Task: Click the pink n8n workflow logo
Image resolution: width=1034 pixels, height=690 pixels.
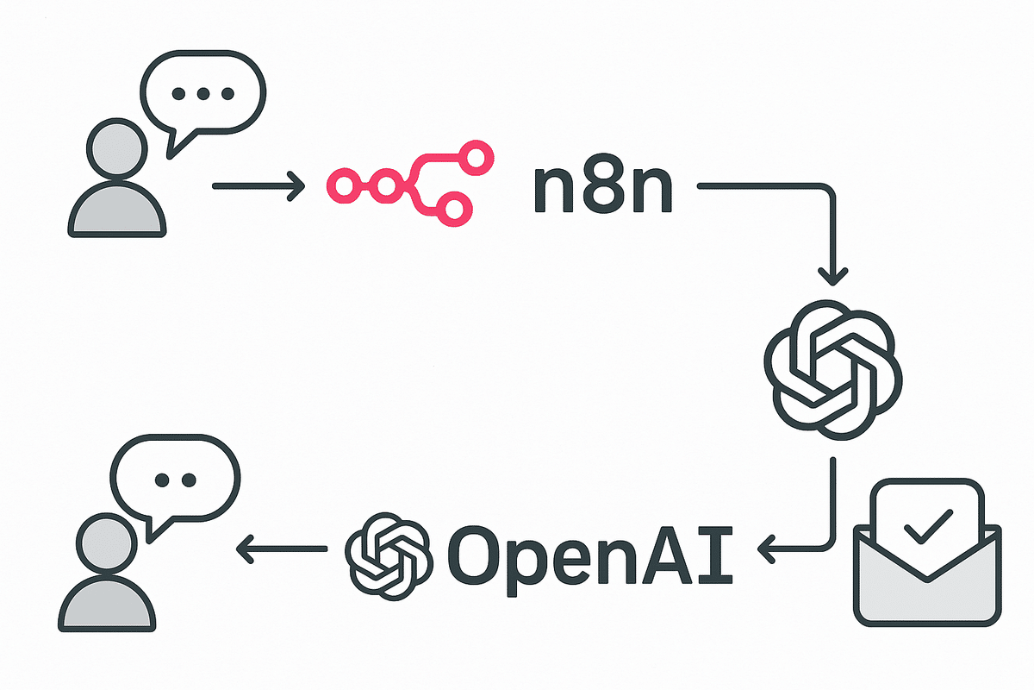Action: click(x=410, y=183)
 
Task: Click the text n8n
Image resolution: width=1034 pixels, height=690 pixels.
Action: click(x=603, y=190)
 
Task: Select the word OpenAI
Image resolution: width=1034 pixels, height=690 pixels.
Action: click(x=590, y=561)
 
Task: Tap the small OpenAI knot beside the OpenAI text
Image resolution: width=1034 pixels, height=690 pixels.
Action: click(x=389, y=556)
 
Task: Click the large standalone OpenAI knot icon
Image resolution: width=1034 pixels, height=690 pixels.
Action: click(x=833, y=370)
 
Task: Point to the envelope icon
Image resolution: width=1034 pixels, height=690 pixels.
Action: click(x=927, y=553)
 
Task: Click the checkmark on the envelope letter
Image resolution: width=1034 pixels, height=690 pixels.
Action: click(x=928, y=526)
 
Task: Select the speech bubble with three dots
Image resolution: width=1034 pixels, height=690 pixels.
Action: click(x=203, y=104)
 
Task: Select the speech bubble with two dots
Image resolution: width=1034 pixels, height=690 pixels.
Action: click(x=175, y=488)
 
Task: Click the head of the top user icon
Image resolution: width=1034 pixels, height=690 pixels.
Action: click(x=117, y=149)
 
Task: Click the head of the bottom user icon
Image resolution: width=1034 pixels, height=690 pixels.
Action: click(x=107, y=543)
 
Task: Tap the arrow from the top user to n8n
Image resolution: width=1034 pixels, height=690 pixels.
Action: click(x=258, y=186)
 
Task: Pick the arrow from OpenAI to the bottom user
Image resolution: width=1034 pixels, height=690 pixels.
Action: click(x=282, y=549)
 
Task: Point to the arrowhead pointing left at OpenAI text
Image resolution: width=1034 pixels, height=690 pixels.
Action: click(x=767, y=549)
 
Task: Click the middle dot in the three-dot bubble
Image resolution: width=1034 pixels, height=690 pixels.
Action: click(x=203, y=94)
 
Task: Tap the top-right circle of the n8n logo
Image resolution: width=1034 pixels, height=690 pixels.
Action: click(x=475, y=158)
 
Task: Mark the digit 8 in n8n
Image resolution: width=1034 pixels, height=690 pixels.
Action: click(x=603, y=190)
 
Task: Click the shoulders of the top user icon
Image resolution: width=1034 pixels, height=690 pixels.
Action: click(x=117, y=209)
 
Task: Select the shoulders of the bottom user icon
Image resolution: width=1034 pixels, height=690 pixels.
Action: click(x=107, y=604)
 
